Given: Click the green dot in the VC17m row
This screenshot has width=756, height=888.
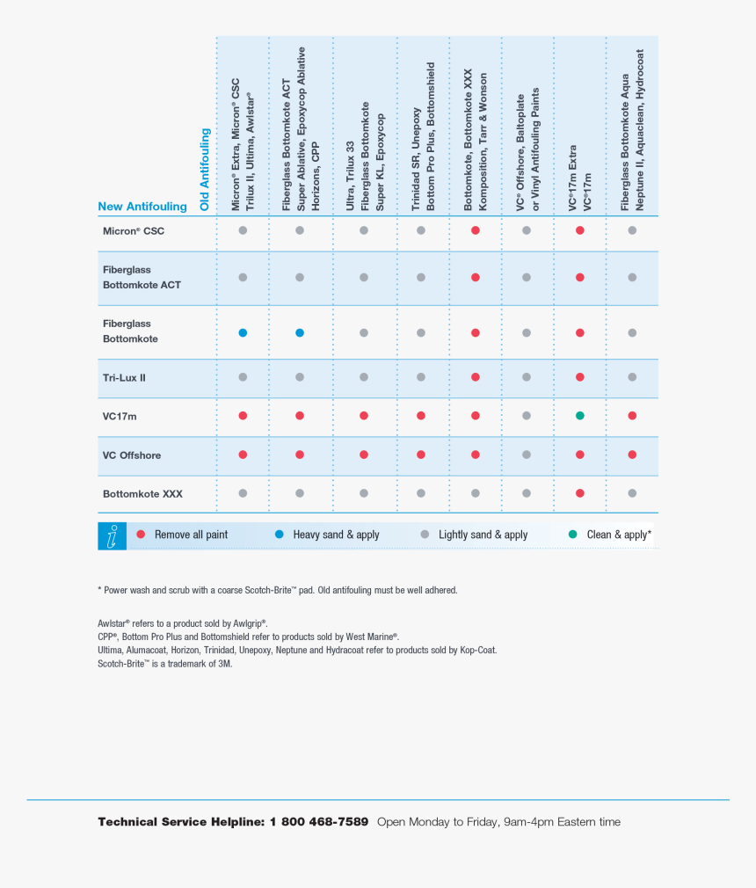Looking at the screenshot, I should pos(579,416).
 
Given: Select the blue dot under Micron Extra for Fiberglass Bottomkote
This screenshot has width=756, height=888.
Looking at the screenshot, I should pos(243,333).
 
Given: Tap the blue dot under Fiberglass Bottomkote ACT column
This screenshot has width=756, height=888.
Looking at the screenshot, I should pos(300,333).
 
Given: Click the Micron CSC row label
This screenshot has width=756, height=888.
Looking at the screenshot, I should pos(134,231).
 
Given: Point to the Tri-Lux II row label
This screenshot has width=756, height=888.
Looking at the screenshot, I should pos(124,377).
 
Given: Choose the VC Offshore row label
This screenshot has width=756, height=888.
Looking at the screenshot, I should pos(132,455).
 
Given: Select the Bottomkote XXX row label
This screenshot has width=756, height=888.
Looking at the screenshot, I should pos(142,494).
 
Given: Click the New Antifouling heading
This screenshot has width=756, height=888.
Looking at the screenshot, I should pos(142,207).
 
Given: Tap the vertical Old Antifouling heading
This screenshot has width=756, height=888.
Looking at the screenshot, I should pos(206,170).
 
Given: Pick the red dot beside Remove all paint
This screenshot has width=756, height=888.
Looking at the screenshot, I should pos(141,535).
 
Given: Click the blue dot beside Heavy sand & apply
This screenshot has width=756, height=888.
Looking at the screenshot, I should pos(280,535).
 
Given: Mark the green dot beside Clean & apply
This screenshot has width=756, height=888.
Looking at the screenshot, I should pos(573,535).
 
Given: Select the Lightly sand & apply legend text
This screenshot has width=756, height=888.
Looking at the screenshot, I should pos(483,535).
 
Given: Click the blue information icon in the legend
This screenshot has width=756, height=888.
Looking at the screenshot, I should pos(112,536).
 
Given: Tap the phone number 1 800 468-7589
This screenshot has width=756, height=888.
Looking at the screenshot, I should pos(319,822).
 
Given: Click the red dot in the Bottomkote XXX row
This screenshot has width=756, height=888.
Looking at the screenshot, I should pos(579,494).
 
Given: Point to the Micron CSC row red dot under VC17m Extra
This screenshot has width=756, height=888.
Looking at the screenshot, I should pos(579,230).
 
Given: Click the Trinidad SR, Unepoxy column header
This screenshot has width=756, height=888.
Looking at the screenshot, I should pos(423,136).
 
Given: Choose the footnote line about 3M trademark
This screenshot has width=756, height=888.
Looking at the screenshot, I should pos(165,664).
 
